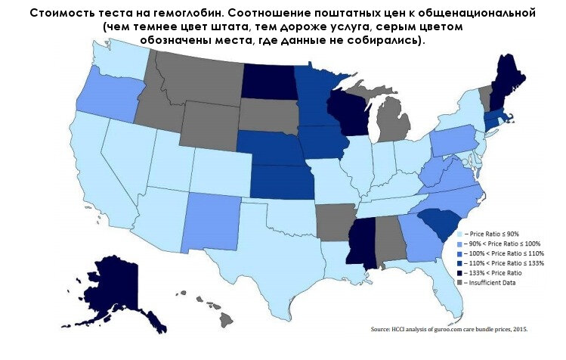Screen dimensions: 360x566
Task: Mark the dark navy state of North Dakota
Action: (x=268, y=79)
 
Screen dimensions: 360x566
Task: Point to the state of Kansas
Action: (x=282, y=181)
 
